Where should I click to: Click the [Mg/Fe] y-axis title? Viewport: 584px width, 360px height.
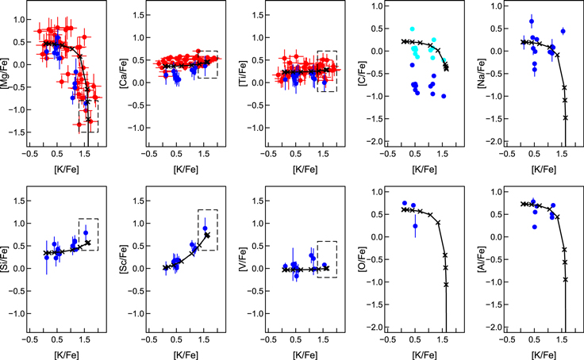(x=6, y=75)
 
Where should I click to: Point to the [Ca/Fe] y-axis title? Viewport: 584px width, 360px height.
(x=121, y=75)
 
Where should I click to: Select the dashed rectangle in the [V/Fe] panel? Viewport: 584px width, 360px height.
(x=327, y=259)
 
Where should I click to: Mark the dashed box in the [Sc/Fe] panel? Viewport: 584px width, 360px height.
(x=208, y=230)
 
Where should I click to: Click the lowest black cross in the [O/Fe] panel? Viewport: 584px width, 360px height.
(x=446, y=284)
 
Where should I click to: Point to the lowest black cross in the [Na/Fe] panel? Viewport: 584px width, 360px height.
(x=566, y=117)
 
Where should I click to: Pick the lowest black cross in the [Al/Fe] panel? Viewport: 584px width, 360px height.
(x=565, y=279)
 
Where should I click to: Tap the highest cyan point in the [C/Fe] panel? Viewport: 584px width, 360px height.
(x=412, y=29)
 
